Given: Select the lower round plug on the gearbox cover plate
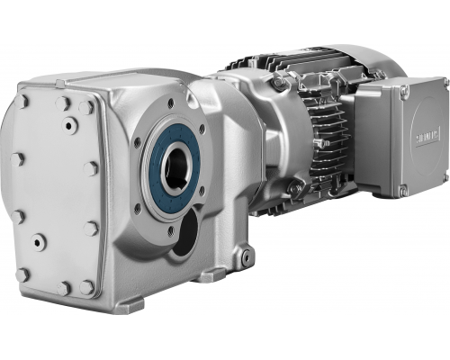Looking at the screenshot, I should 39,241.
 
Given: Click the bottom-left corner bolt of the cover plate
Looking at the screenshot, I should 22,274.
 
